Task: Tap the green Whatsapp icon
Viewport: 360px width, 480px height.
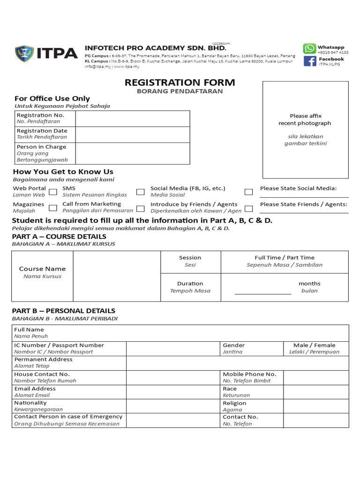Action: tap(309, 49)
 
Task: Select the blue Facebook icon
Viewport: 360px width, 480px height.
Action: tap(309, 61)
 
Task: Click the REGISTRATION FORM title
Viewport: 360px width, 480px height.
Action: tap(180, 83)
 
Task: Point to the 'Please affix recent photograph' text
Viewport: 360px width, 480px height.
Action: tap(305, 120)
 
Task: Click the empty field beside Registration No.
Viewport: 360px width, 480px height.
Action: tap(132, 118)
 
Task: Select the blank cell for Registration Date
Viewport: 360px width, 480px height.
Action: tap(132, 134)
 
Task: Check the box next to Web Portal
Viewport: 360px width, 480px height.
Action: tap(53, 192)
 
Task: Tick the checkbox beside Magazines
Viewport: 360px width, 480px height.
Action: tap(53, 208)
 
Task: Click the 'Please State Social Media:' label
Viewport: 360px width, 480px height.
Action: tap(298, 188)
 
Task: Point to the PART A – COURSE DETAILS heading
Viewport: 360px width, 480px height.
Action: tap(59, 236)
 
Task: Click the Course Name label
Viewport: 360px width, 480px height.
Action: tap(42, 269)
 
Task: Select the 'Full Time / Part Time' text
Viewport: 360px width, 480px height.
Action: tap(285, 257)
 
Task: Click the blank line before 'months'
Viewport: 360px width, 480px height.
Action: tap(262, 291)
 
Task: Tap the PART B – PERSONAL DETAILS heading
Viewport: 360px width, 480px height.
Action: tap(63, 311)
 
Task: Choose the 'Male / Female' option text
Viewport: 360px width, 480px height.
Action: tap(314, 345)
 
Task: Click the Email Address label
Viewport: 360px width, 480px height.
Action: tap(35, 389)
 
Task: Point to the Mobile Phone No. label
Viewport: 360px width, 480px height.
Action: tap(249, 374)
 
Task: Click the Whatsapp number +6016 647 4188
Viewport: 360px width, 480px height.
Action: tap(333, 53)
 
